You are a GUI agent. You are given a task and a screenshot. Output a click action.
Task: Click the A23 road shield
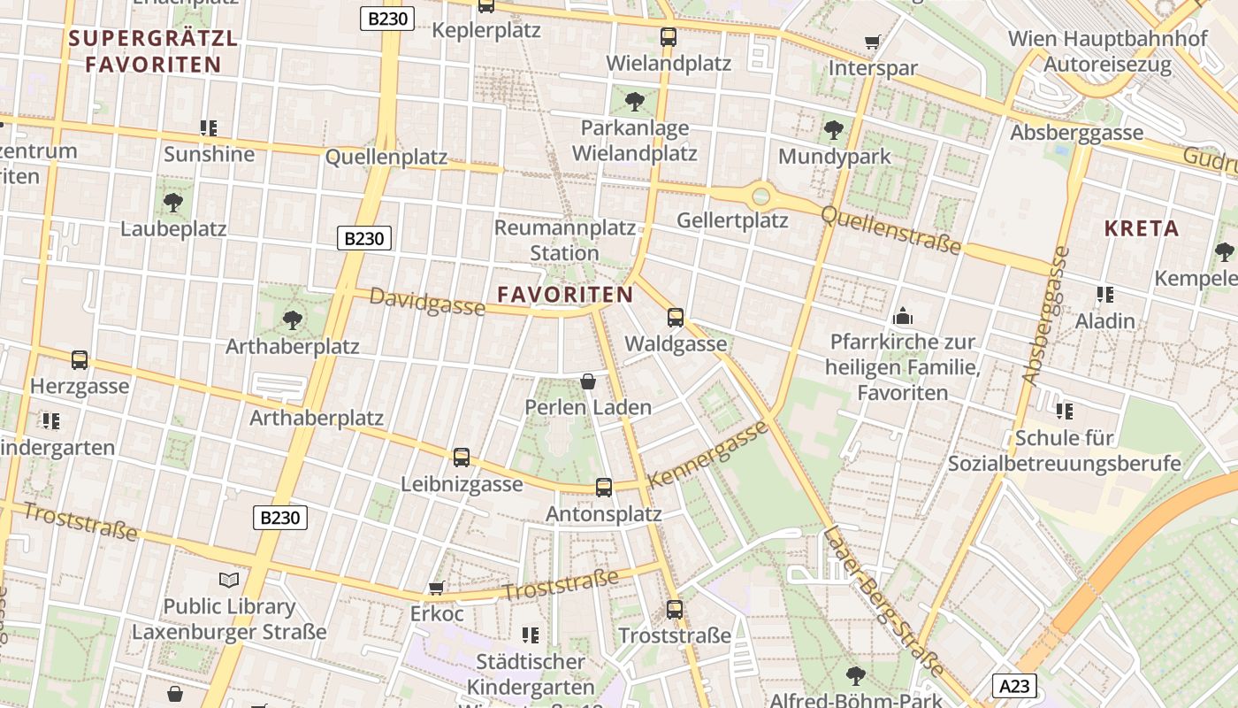pos(1014,686)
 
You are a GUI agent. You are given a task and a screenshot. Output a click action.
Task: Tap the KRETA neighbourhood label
pos(1142,228)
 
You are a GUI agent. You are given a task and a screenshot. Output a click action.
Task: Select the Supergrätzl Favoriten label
pos(153,51)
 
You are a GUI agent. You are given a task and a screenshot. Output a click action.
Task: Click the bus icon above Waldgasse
pos(676,317)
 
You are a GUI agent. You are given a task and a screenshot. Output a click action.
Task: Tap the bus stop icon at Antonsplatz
pos(604,487)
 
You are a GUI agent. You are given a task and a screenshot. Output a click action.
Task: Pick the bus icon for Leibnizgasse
pos(462,458)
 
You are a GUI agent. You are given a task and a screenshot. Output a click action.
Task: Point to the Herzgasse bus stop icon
pos(80,359)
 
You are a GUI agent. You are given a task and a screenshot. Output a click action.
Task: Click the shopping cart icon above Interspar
pos(873,42)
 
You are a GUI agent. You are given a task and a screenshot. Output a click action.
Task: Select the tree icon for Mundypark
pos(833,131)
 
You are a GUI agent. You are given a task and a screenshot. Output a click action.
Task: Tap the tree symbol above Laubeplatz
pos(173,203)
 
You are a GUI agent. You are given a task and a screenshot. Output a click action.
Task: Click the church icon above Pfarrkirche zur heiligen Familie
pos(903,315)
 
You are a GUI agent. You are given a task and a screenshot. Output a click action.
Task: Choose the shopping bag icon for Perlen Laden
pos(588,381)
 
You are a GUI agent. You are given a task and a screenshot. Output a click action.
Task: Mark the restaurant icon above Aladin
pos(1104,294)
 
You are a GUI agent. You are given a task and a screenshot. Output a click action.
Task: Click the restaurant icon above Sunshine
pos(209,128)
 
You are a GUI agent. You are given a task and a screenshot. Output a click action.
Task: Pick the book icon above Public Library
pos(229,581)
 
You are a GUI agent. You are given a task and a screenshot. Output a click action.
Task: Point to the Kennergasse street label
pos(708,455)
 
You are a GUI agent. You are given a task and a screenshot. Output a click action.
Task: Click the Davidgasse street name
pos(427,301)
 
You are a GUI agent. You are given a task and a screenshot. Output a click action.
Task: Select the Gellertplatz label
pos(732,219)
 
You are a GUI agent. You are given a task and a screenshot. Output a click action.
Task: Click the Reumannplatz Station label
pos(564,240)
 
